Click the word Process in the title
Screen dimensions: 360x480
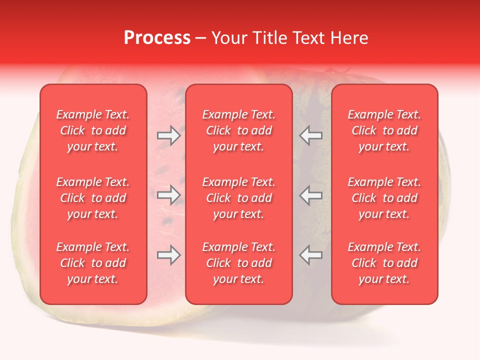point(157,38)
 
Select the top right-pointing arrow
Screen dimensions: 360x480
point(169,135)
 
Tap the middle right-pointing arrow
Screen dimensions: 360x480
point(169,195)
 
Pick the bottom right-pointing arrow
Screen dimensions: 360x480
point(169,255)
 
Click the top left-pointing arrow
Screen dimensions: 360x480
point(311,135)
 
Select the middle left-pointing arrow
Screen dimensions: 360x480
point(311,195)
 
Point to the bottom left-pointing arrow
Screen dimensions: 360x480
point(311,255)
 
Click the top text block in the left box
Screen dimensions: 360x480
point(93,130)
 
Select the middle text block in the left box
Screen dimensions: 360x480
point(93,198)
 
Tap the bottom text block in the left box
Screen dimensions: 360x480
point(93,263)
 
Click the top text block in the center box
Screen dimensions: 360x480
point(239,130)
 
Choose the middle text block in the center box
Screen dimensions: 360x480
point(239,198)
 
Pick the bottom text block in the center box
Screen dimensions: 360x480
point(239,263)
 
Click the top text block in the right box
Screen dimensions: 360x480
point(384,130)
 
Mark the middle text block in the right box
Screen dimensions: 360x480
point(384,198)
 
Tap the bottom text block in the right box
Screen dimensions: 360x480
point(384,263)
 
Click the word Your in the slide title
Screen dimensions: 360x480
point(229,38)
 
